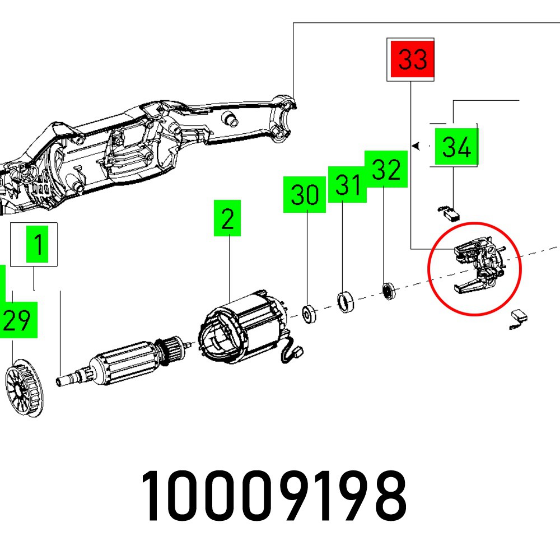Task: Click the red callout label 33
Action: click(x=413, y=59)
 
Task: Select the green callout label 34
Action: click(x=456, y=147)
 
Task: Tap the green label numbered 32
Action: click(x=385, y=170)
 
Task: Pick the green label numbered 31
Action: click(x=347, y=184)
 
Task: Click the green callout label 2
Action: click(x=227, y=218)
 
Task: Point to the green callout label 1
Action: click(x=38, y=245)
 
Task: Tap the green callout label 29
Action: click(x=17, y=320)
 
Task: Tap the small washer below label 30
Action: click(x=309, y=313)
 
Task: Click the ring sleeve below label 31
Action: click(x=345, y=302)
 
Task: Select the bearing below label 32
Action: click(x=387, y=292)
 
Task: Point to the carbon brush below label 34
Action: click(x=449, y=212)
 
